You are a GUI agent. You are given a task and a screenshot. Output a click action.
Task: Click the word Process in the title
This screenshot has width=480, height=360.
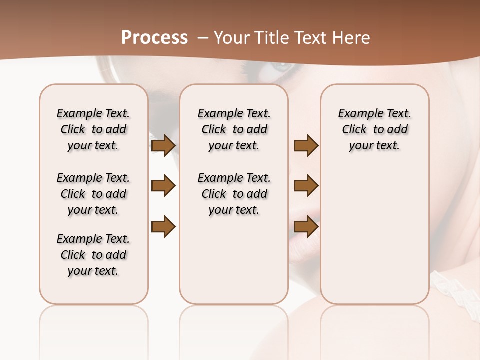(x=154, y=38)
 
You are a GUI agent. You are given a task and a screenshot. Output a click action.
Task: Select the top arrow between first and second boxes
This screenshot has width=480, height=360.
(x=163, y=145)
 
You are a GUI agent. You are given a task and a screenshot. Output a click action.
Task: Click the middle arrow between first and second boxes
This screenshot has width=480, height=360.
(x=163, y=186)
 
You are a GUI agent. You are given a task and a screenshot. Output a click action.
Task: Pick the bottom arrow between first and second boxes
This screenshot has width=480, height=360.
(x=163, y=226)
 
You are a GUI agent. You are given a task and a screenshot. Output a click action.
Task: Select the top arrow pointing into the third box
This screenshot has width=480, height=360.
(x=306, y=145)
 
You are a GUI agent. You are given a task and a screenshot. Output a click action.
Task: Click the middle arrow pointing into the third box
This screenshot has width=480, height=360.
(x=306, y=186)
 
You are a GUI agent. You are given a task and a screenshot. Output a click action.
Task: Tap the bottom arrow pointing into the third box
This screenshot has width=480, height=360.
(x=306, y=226)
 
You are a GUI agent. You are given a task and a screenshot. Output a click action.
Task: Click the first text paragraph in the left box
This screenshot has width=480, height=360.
(x=93, y=129)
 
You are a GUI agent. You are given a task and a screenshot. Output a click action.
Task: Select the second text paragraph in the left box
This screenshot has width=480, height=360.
(x=93, y=194)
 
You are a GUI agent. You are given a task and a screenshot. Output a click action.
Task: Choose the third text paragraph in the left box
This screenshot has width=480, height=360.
(x=93, y=255)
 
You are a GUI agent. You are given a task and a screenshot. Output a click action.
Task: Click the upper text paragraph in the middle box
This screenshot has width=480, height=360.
(x=234, y=129)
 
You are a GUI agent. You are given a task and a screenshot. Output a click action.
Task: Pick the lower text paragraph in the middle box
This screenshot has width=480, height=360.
(x=234, y=194)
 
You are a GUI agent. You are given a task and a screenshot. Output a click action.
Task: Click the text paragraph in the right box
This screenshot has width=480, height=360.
(x=375, y=129)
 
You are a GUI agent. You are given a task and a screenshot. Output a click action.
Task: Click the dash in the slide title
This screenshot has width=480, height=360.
(x=203, y=38)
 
